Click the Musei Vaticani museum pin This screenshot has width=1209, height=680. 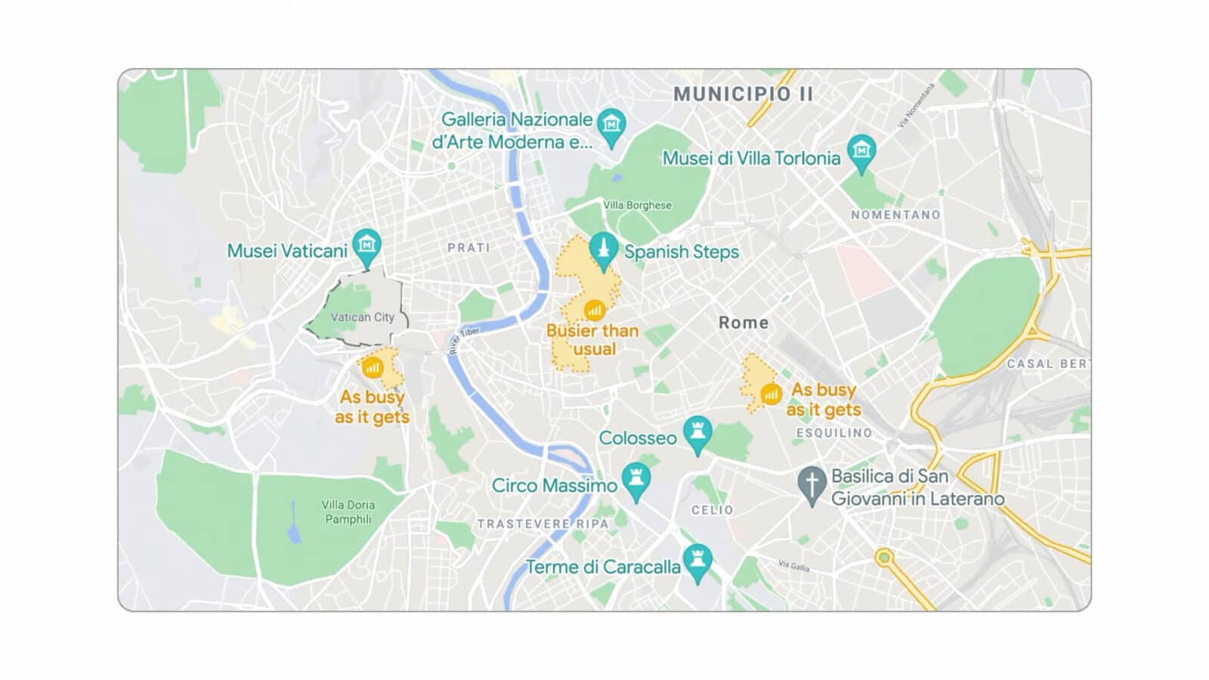366,245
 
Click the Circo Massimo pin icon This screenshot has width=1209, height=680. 636,480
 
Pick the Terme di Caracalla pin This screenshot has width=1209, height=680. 697,561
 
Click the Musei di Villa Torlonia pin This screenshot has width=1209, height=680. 861,151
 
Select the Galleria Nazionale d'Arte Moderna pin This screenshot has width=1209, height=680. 611,125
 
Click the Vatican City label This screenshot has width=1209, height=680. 362,317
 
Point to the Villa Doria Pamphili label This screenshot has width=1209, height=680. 348,512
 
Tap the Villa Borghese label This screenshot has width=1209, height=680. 637,206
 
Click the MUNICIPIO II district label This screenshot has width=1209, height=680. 744,94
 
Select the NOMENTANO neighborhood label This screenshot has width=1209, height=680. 895,215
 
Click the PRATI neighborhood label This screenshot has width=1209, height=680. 468,248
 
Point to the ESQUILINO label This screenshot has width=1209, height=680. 834,433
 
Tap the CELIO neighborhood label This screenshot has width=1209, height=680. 712,510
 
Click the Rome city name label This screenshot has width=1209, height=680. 744,323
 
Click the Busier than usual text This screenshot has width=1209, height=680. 593,340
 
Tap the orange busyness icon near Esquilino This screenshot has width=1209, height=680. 771,394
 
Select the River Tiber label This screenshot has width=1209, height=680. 464,342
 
